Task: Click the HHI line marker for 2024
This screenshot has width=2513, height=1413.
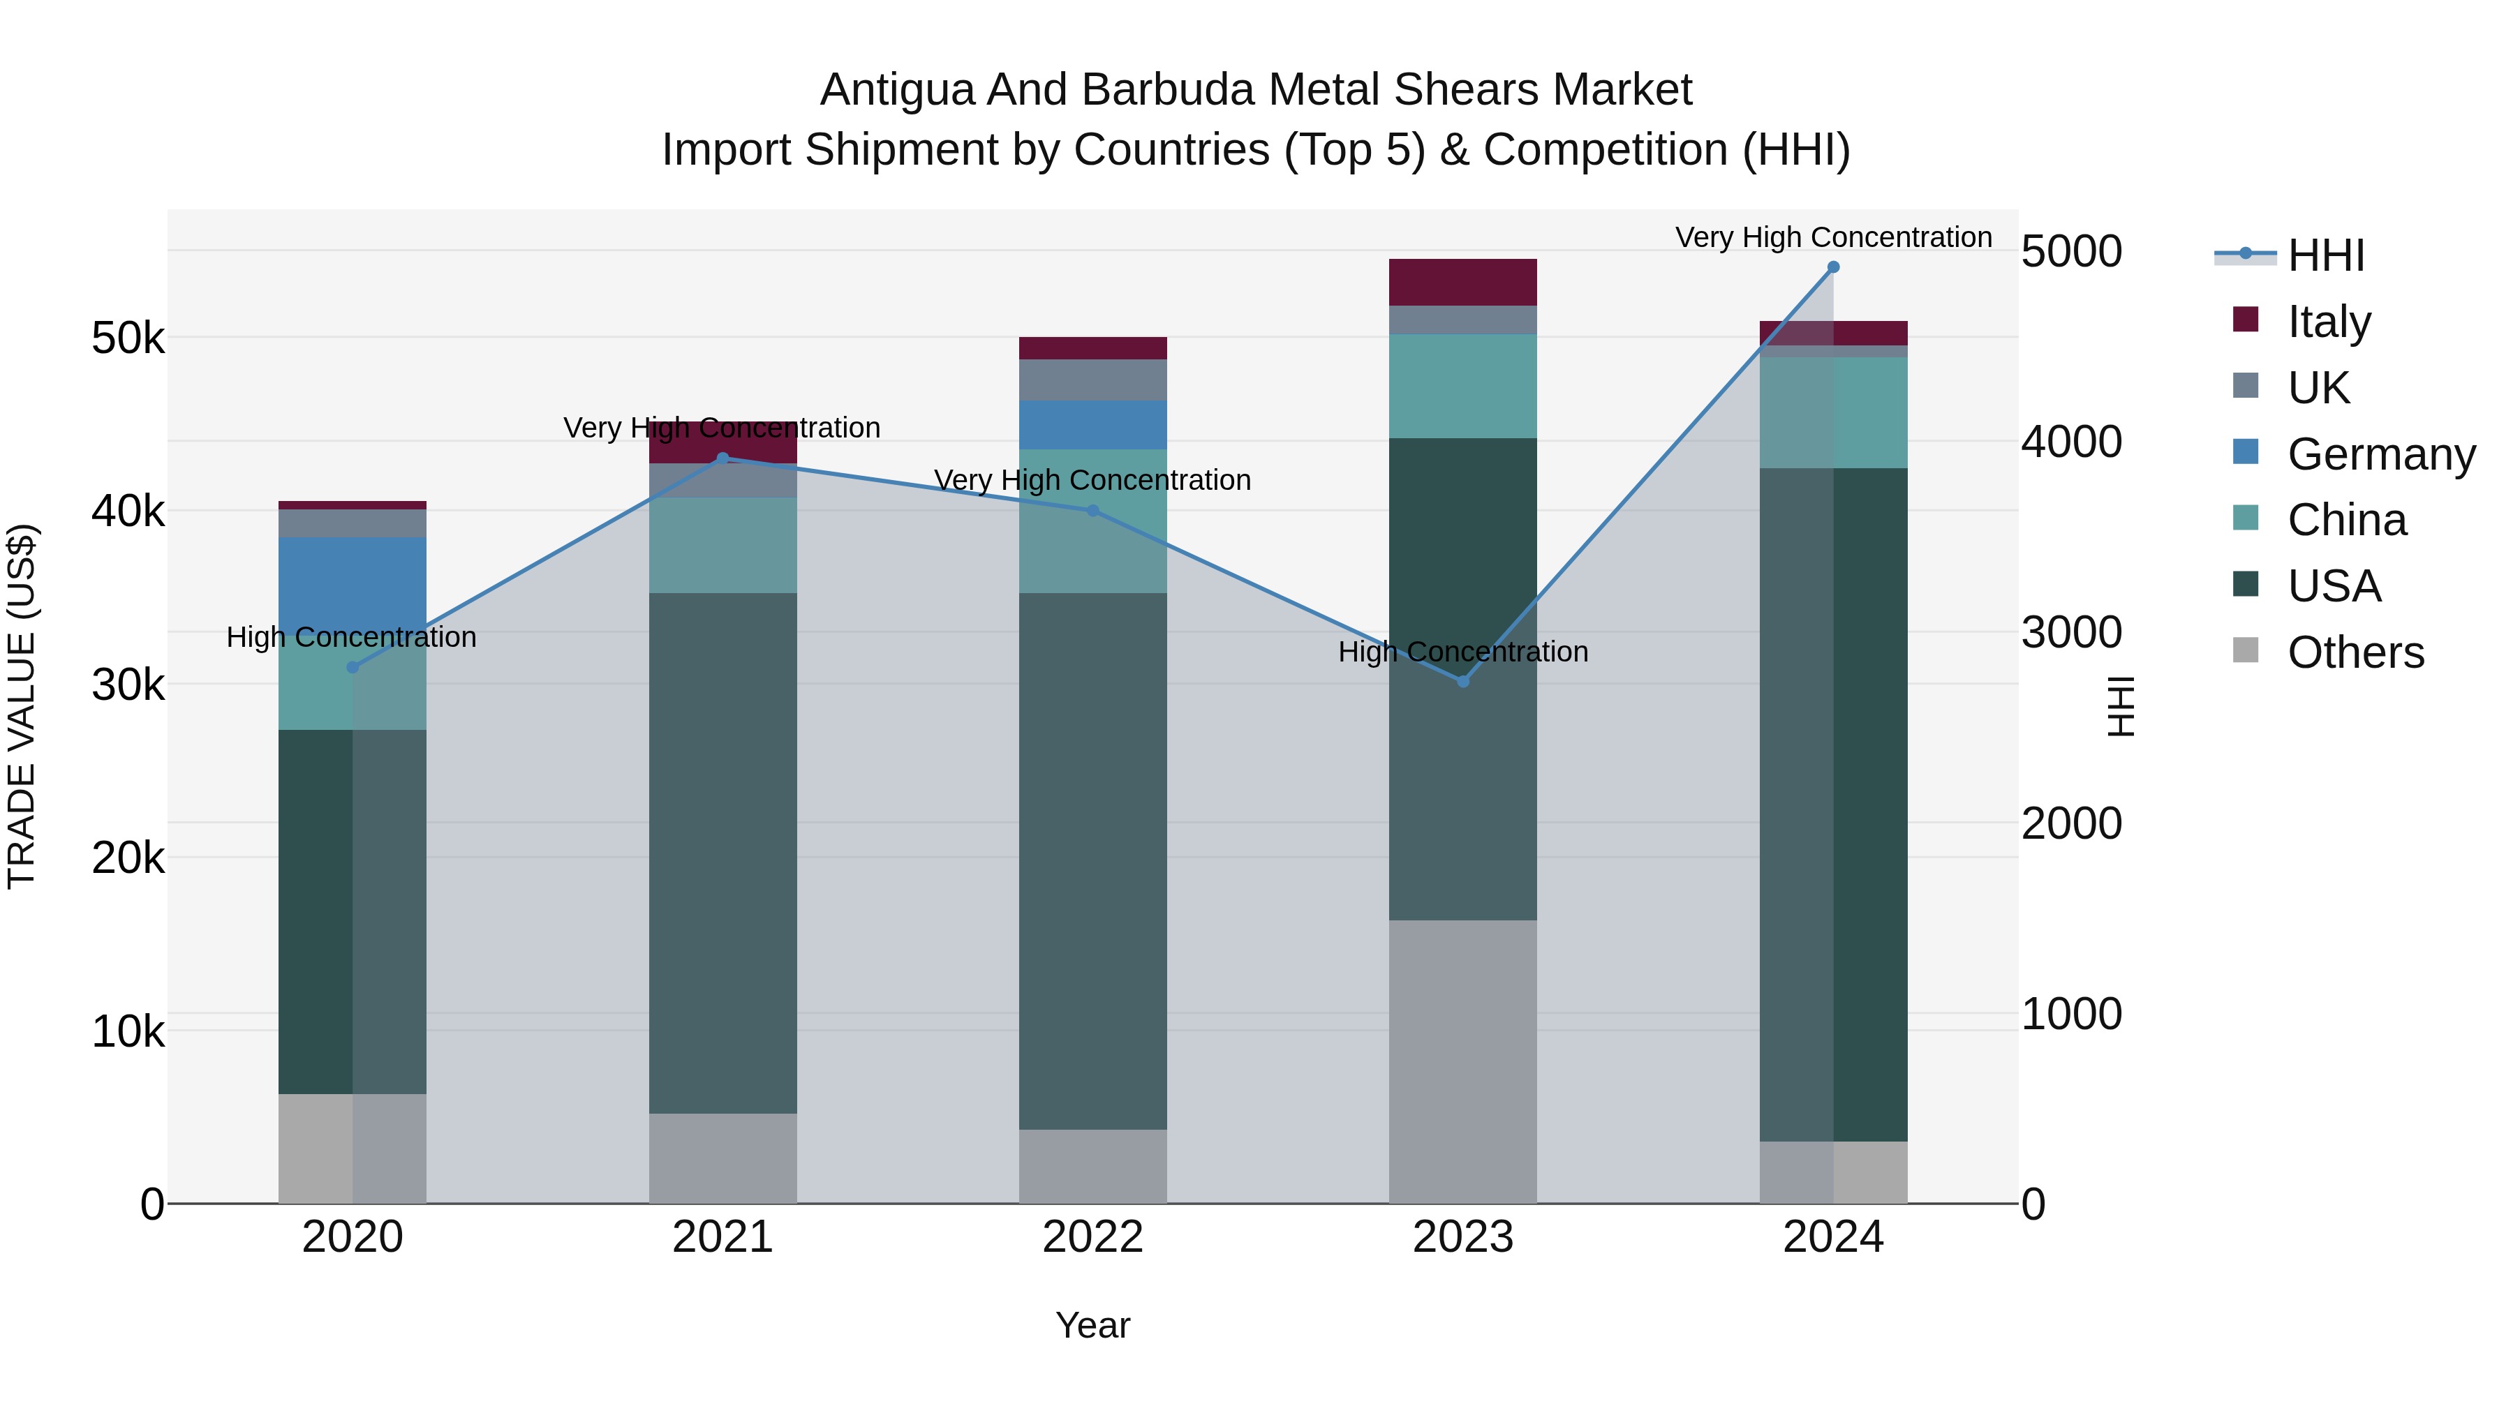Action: pyautogui.click(x=1833, y=267)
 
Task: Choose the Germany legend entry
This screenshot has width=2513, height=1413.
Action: pyautogui.click(x=2380, y=454)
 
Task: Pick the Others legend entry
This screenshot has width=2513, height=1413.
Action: pyautogui.click(x=2355, y=652)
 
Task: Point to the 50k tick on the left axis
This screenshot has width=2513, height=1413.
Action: pyautogui.click(x=128, y=338)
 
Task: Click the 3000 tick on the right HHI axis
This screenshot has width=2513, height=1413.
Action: pyautogui.click(x=2071, y=633)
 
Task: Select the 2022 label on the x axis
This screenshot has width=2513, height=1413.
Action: pyautogui.click(x=1092, y=1237)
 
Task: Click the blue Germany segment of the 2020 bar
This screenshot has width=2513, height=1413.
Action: pyautogui.click(x=353, y=581)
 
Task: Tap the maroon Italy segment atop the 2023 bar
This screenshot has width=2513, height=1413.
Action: pyautogui.click(x=1462, y=282)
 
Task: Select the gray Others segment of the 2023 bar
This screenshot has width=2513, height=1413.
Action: pyautogui.click(x=1462, y=1061)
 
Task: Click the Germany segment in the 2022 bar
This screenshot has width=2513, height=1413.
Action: pyautogui.click(x=1092, y=424)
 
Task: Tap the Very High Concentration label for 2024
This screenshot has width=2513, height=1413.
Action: pyautogui.click(x=1833, y=237)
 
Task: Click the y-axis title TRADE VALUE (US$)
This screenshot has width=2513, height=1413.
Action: pyautogui.click(x=22, y=706)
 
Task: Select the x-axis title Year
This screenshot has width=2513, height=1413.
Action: pyautogui.click(x=1092, y=1325)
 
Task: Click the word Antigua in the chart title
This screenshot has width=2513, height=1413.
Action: pyautogui.click(x=896, y=90)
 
